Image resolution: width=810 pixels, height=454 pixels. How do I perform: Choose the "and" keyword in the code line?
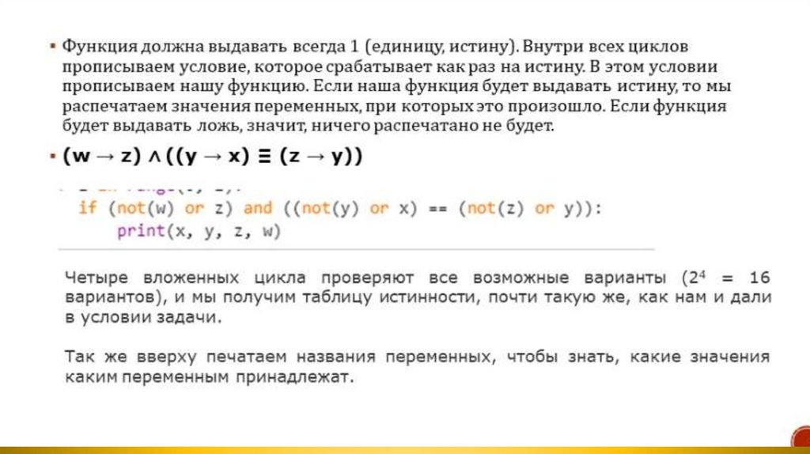click(x=257, y=208)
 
